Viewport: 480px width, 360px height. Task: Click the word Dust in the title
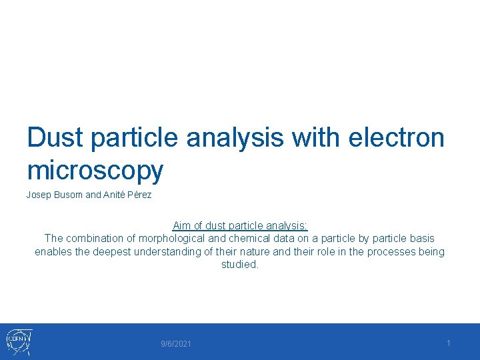pyautogui.click(x=55, y=137)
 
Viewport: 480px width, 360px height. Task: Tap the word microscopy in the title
pyautogui.click(x=95, y=171)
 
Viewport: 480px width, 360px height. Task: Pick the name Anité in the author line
pyautogui.click(x=114, y=195)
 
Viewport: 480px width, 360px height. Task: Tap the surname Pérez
pyautogui.click(x=139, y=195)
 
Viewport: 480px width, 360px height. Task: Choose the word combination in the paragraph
pyautogui.click(x=96, y=238)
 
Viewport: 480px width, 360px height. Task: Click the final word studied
pyautogui.click(x=239, y=264)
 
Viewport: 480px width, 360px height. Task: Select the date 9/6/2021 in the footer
pyautogui.click(x=176, y=344)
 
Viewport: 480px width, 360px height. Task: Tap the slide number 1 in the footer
pyautogui.click(x=449, y=343)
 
